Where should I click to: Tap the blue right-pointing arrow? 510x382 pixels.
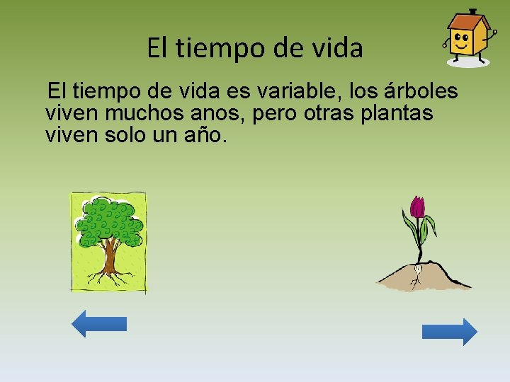click(x=450, y=331)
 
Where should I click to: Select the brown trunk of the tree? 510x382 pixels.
click(x=109, y=258)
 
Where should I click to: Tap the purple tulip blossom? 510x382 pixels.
click(x=418, y=207)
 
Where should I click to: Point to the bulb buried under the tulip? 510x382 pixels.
click(x=418, y=269)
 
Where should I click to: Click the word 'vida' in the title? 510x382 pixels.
click(x=338, y=48)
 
